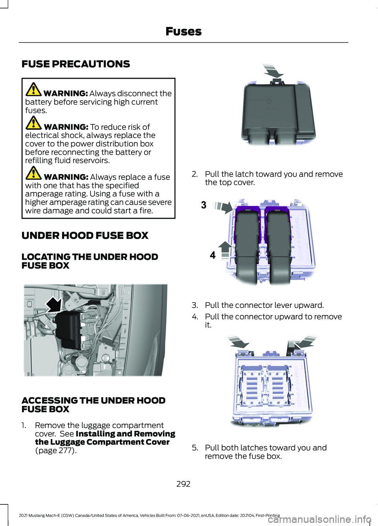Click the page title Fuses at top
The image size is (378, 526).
click(x=183, y=31)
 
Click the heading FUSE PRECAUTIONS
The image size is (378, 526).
click(x=76, y=64)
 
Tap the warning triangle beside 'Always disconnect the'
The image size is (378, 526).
click(x=33, y=89)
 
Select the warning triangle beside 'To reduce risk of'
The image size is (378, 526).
click(x=33, y=123)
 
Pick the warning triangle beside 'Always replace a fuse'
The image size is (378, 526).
click(x=33, y=173)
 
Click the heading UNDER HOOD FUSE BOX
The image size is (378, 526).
click(x=85, y=236)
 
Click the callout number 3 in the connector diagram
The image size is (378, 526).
click(x=204, y=205)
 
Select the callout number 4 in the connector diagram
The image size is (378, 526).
click(x=213, y=255)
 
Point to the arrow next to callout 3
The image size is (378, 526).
click(x=223, y=207)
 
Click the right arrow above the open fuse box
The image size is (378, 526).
click(x=305, y=342)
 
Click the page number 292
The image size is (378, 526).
click(x=183, y=484)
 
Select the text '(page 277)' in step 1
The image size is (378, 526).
click(x=56, y=450)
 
